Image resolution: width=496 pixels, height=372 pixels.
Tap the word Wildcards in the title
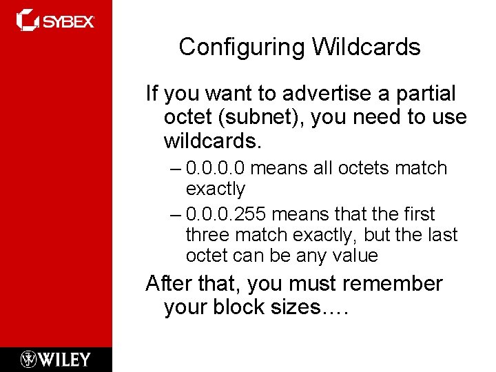[x=366, y=48]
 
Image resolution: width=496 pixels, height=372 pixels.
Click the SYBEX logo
[x=56, y=21]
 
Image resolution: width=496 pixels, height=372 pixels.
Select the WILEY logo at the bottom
[x=56, y=359]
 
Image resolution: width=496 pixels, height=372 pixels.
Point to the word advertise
[x=328, y=93]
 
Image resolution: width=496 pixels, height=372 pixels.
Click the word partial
[x=425, y=93]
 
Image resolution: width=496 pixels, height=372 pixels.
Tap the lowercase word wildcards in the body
[x=211, y=141]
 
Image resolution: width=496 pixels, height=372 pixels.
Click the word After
[x=171, y=283]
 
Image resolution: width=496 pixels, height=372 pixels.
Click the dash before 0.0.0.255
[x=175, y=215]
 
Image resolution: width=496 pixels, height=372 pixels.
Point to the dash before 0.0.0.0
[x=175, y=169]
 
